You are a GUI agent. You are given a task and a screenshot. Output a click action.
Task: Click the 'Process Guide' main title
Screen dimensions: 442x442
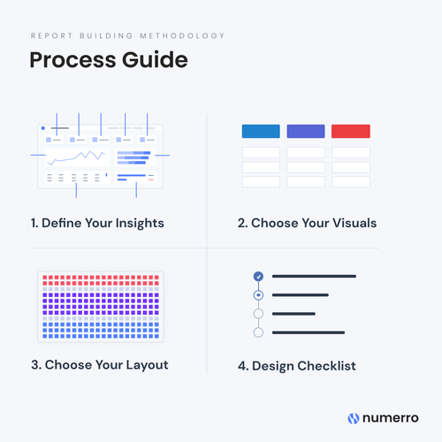coord(108,61)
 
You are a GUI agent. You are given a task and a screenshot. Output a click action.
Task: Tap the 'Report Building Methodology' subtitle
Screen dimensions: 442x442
coord(127,36)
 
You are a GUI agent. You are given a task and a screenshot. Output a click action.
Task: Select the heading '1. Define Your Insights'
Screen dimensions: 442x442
coord(96,223)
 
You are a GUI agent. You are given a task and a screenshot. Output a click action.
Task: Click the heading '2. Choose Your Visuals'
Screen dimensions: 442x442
coord(307,223)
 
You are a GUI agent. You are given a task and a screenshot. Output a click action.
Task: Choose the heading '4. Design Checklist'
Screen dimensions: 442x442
coord(297,365)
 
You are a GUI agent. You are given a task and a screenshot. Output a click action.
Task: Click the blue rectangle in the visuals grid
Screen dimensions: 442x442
coord(261,131)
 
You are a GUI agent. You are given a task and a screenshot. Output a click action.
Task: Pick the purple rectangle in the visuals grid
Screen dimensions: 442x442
coord(306,131)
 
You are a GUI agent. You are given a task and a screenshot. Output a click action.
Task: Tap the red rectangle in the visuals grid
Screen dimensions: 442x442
coord(351,131)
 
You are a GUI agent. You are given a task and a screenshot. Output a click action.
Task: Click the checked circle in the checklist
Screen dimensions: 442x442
coord(258,277)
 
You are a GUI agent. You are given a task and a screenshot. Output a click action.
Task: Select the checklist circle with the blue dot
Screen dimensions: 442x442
coord(258,295)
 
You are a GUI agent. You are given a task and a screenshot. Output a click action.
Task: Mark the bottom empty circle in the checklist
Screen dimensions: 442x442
coord(258,332)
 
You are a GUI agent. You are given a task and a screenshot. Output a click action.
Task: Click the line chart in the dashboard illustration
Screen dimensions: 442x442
coord(78,158)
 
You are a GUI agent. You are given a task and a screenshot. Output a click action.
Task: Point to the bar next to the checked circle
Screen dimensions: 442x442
coord(314,277)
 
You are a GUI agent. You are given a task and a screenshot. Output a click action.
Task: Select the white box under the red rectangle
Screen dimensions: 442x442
coord(351,152)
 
